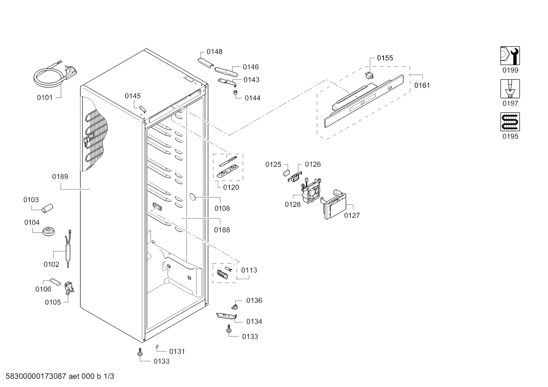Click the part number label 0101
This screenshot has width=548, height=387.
(x=45, y=98)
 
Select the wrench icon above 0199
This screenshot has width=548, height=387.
(x=510, y=56)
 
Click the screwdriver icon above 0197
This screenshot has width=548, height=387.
(x=510, y=89)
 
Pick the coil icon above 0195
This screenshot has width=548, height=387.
(x=510, y=122)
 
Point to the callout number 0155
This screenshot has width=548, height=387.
(x=385, y=58)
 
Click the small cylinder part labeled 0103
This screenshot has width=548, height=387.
(x=47, y=208)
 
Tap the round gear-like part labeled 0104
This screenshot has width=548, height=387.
(x=48, y=232)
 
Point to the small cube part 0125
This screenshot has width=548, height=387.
(x=287, y=173)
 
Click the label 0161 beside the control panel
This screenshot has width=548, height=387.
(x=422, y=85)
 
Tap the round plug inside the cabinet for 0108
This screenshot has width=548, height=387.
(x=193, y=197)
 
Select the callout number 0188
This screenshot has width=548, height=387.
(x=222, y=230)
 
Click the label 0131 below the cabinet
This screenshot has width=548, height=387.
(x=177, y=352)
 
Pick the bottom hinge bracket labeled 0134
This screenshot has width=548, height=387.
(x=226, y=316)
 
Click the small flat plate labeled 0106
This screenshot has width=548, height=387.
(x=55, y=282)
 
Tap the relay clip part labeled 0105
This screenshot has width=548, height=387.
(x=69, y=288)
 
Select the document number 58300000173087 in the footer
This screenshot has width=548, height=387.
(x=36, y=376)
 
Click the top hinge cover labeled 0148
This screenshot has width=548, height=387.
(x=206, y=63)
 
